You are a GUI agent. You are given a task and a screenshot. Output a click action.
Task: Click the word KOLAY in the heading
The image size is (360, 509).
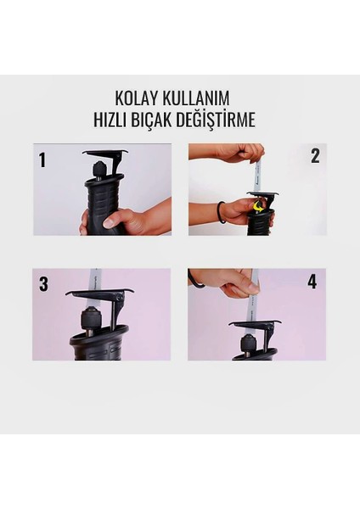(137, 98)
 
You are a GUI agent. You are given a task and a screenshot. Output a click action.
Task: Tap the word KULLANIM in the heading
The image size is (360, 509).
(196, 98)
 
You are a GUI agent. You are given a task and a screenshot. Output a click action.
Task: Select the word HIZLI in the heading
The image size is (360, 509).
(110, 119)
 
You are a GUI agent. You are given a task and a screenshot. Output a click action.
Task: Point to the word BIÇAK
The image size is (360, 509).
(152, 120)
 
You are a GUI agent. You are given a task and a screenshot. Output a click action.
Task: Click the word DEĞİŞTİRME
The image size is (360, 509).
(216, 119)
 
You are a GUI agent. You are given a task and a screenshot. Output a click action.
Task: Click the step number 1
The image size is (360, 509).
(42, 160)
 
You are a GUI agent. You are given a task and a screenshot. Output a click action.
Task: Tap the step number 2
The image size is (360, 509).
(315, 156)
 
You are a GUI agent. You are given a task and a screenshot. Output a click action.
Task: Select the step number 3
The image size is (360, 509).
(43, 283)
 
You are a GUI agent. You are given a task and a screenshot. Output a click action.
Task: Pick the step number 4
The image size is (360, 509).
(312, 282)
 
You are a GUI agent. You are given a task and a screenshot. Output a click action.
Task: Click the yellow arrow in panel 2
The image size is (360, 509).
(258, 207)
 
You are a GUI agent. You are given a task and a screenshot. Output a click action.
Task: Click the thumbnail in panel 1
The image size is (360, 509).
(108, 223)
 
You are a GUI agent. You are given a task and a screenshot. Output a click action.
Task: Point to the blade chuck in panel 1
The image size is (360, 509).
(98, 171)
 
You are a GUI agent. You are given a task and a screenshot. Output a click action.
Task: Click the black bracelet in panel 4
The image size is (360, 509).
(195, 280)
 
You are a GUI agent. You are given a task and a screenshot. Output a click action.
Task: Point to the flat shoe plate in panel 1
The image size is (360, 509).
(104, 152)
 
